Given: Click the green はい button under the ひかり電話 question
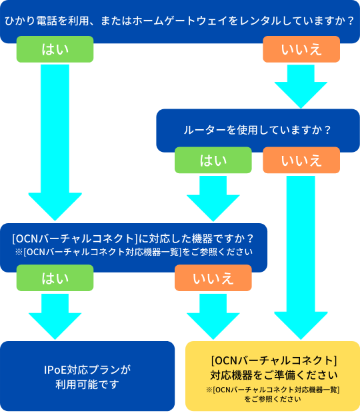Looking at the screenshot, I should pyautogui.click(x=55, y=49).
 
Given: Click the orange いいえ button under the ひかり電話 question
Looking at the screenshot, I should pyautogui.click(x=301, y=49).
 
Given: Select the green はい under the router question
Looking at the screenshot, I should pyautogui.click(x=213, y=160).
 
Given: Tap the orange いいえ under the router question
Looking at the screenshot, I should pyautogui.click(x=301, y=160).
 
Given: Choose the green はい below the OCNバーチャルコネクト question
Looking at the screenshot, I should pyautogui.click(x=55, y=278).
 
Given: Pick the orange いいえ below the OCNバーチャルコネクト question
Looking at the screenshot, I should pyautogui.click(x=213, y=278).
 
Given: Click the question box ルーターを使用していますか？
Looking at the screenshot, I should pyautogui.click(x=257, y=129).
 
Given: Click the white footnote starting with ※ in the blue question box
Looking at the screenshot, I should pyautogui.click(x=133, y=252).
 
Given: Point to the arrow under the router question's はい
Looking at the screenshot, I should pyautogui.click(x=213, y=196).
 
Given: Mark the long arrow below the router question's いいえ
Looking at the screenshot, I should pyautogui.click(x=301, y=253).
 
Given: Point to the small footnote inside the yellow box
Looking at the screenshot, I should pyautogui.click(x=273, y=394).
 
